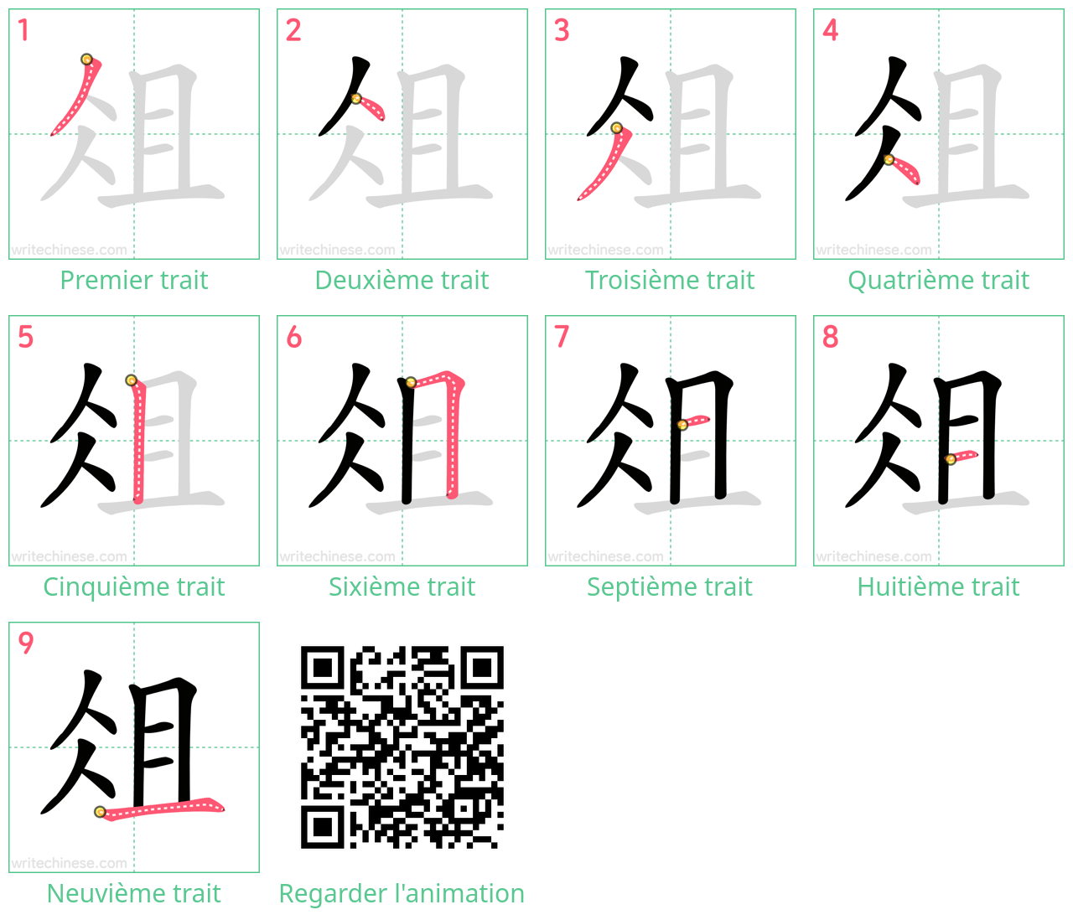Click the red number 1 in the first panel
(23, 30)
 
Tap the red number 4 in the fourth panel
(830, 30)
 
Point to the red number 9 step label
(25, 643)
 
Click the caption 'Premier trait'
(134, 280)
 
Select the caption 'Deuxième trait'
(402, 280)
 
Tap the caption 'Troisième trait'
(670, 280)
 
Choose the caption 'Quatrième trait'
(938, 280)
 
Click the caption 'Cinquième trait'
(134, 587)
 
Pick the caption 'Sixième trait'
(402, 587)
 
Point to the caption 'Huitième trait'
(938, 587)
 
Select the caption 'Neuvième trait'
(134, 893)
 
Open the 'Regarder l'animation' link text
(402, 893)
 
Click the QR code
(402, 747)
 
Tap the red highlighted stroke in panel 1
(78, 96)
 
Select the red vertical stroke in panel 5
(138, 441)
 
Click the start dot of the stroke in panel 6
(411, 383)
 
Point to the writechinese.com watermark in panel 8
(873, 556)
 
